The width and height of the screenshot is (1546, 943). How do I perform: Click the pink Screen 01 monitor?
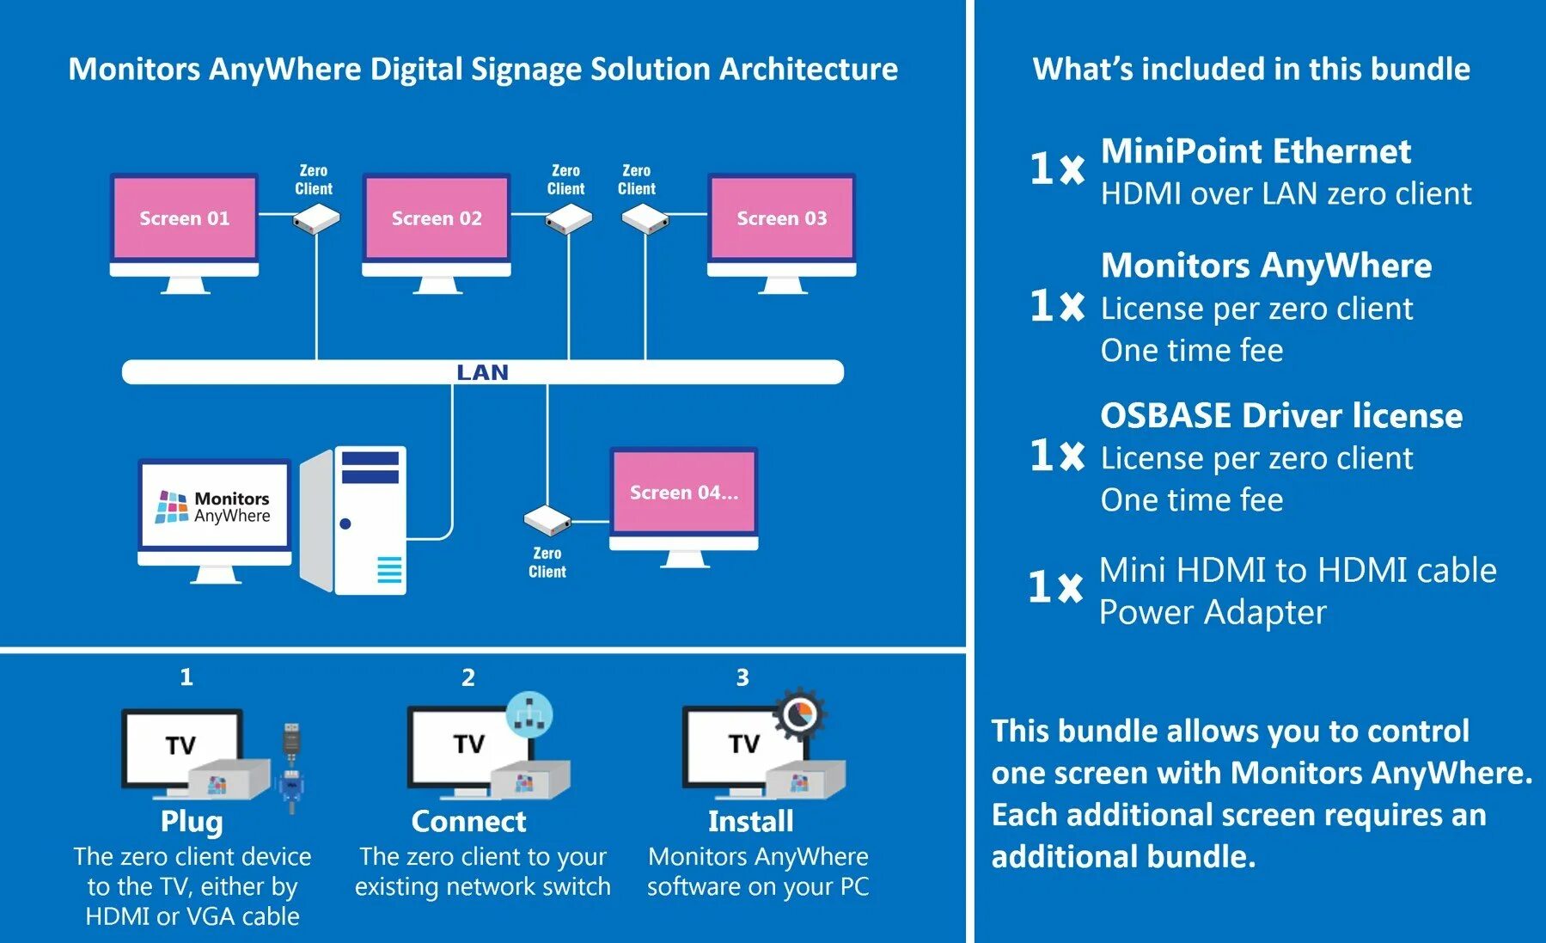pos(184,218)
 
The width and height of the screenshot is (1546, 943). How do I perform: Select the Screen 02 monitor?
pos(437,218)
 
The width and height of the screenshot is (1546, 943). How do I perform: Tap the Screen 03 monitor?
pos(781,218)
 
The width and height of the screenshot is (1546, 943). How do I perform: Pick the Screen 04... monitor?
pos(683,493)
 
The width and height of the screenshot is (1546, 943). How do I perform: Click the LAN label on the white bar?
pos(482,372)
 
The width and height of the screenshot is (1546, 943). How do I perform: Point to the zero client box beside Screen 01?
pos(315,220)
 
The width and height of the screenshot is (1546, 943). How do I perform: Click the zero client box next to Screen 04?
pos(547,520)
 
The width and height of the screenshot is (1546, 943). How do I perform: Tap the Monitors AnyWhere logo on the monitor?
pos(214,507)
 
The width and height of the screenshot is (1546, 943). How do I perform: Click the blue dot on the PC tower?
pos(345,524)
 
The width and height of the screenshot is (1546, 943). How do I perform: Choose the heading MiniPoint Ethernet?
pos(1256,151)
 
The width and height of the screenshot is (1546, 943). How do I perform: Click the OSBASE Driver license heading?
pos(1281,416)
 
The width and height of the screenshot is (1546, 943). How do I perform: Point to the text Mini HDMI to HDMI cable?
pos(1298,570)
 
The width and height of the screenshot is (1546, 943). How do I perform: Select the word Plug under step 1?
pos(192,822)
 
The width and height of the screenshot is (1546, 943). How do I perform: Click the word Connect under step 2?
pos(468,822)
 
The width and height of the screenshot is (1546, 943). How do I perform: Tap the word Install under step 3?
pos(750,822)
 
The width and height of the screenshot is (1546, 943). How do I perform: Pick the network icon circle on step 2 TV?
pos(529,714)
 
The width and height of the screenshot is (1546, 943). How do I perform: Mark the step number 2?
pos(468,677)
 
